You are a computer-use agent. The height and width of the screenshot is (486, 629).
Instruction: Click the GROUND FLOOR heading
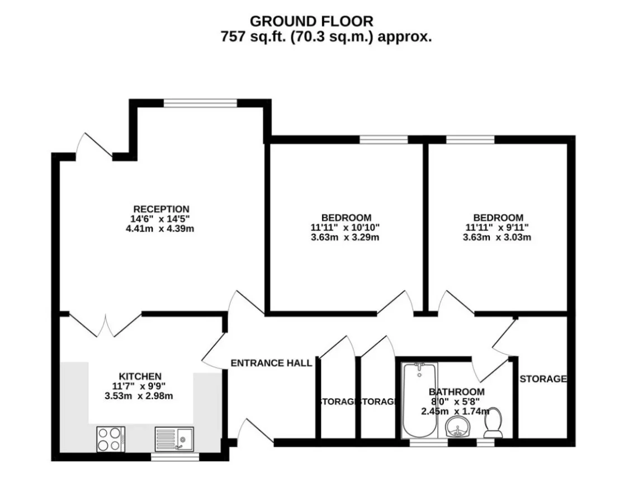311,21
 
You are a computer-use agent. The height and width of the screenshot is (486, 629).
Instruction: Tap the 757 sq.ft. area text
326,37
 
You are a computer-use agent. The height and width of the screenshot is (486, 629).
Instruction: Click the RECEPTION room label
161,209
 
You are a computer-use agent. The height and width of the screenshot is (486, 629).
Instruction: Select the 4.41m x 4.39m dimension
160,229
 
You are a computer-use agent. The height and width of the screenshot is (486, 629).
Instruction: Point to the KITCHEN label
140,376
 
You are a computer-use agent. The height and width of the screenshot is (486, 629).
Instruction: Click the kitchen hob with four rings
110,439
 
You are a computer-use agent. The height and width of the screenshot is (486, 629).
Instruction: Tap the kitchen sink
174,439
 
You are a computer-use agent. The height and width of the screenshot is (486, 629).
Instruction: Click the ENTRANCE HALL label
271,363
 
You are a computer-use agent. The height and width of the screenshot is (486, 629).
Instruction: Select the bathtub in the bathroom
419,400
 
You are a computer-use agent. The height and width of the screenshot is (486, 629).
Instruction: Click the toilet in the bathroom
493,423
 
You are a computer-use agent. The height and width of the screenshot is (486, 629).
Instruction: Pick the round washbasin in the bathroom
458,427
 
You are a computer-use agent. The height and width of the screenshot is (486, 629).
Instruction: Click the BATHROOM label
456,391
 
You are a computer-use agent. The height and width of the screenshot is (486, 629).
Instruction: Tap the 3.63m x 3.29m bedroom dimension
345,237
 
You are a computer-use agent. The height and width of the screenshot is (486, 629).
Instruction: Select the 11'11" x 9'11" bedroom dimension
497,227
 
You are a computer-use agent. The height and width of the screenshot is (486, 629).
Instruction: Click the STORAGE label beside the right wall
543,379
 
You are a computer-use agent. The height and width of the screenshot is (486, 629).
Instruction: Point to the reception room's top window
201,103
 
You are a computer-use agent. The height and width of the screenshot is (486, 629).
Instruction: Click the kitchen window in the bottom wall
176,457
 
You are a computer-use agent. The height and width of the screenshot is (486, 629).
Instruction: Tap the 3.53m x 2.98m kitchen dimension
139,397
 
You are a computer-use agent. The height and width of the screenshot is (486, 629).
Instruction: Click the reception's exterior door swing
94,146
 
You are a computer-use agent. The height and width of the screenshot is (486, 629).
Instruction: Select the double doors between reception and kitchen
106,325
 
